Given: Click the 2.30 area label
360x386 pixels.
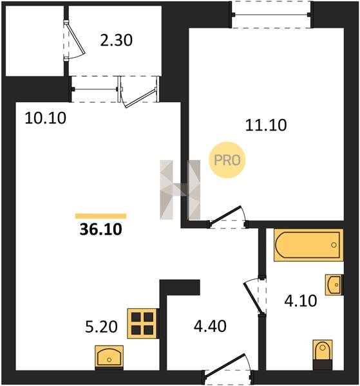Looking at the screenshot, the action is click(117, 41).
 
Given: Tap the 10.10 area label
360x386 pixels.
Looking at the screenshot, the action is click(46, 118).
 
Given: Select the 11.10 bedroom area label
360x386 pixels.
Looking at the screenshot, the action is click(266, 125).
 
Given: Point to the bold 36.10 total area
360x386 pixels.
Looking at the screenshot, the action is click(100, 230).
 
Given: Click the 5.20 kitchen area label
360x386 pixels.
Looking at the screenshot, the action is click(101, 327).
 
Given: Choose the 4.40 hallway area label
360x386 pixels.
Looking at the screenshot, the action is click(210, 327).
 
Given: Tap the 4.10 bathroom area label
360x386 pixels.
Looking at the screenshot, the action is click(301, 301).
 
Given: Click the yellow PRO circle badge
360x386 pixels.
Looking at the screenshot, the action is click(227, 160).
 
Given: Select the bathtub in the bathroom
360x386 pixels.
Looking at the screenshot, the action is click(308, 245).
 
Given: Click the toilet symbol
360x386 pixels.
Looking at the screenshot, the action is click(323, 354).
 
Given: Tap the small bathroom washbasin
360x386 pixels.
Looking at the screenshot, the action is click(334, 285).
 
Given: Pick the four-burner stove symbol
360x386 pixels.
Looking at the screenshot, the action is click(142, 323).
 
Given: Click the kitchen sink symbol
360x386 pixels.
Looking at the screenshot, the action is click(109, 357).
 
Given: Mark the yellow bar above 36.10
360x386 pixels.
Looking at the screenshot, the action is click(100, 216).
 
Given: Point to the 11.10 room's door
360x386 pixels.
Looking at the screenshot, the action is click(227, 217).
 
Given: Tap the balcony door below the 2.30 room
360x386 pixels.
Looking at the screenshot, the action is click(139, 92).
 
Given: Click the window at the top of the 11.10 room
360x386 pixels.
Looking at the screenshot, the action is click(271, 15).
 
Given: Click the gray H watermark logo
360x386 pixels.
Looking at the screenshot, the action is click(180, 190).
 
